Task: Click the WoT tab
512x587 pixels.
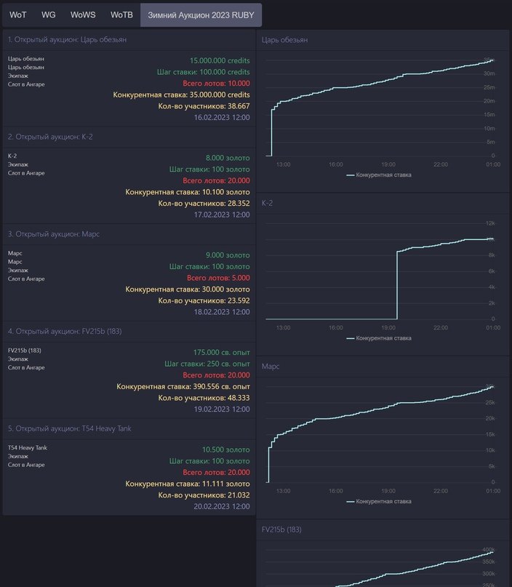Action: (18, 15)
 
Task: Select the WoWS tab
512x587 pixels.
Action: (83, 15)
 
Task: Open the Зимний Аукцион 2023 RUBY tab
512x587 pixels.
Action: (201, 15)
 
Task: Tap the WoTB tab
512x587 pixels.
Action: (121, 15)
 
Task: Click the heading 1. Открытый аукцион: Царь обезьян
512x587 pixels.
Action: (67, 39)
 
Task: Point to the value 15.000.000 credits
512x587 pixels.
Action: (220, 60)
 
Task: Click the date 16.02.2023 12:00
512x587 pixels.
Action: (222, 117)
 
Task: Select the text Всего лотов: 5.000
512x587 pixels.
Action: (218, 278)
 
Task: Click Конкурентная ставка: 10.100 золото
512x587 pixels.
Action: (188, 192)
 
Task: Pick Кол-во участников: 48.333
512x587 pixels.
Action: (204, 398)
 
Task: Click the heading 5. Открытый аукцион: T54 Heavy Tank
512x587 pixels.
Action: (69, 428)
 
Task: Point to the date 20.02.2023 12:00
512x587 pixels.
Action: (222, 506)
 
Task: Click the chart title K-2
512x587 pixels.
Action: (267, 203)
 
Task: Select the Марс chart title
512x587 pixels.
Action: (271, 366)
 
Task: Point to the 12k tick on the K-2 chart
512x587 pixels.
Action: (490, 223)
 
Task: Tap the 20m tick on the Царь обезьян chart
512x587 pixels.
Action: (489, 100)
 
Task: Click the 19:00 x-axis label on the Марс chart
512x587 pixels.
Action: (388, 491)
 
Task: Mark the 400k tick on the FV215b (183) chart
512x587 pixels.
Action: (488, 550)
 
